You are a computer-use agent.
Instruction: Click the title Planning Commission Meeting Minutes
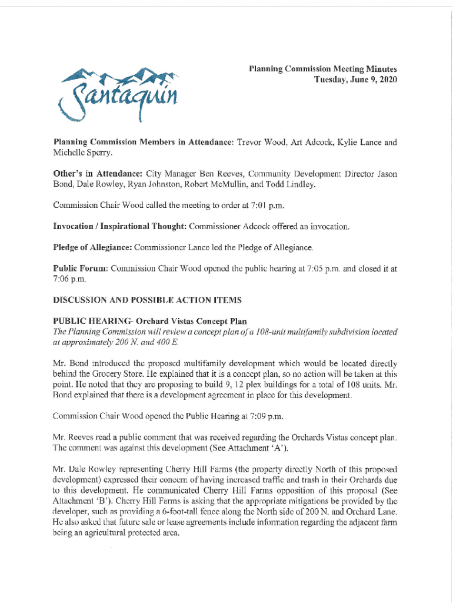tap(322, 69)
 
